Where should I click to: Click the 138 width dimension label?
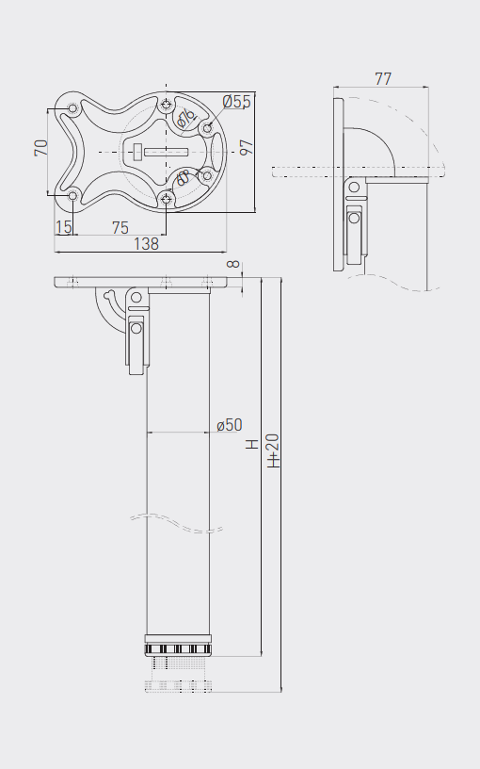click(146, 244)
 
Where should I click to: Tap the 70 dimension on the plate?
click(41, 148)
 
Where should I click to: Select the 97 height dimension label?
click(247, 148)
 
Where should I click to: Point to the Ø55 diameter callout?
click(236, 102)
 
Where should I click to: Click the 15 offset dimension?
click(64, 227)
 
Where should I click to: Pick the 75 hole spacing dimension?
click(120, 227)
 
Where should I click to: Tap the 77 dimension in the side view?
click(383, 78)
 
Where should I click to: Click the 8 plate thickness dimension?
click(234, 264)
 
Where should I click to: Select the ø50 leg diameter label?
click(230, 425)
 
